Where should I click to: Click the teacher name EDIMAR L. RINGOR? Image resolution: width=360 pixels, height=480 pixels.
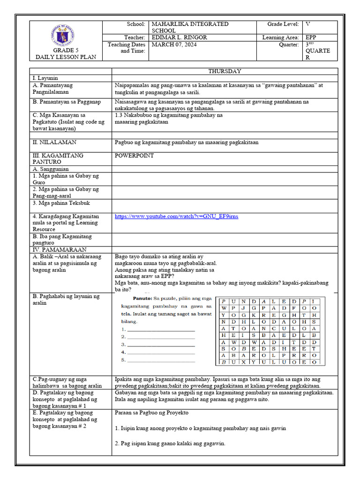179,37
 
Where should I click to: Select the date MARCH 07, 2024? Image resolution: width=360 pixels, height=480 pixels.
174,45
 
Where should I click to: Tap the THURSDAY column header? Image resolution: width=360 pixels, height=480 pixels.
225,71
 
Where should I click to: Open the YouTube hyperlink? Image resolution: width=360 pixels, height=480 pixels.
176,216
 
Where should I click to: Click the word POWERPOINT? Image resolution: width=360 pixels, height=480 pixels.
135,156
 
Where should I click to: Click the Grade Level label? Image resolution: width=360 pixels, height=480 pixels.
283,24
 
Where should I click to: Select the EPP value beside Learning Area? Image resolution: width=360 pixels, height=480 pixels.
311,37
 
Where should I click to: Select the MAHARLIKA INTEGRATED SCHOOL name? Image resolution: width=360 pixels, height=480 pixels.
189,27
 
